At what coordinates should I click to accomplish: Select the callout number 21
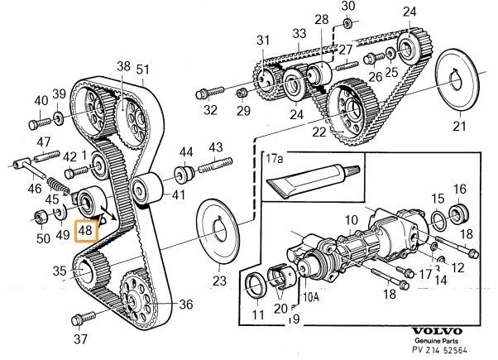(x=458, y=127)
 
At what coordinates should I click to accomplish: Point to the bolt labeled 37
(x=83, y=319)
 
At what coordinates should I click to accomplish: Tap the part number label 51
(x=143, y=70)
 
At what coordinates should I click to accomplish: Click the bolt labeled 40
(x=36, y=124)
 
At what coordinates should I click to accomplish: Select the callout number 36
(x=185, y=305)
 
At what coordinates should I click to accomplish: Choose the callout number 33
(x=299, y=34)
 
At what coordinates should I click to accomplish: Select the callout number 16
(x=460, y=189)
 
